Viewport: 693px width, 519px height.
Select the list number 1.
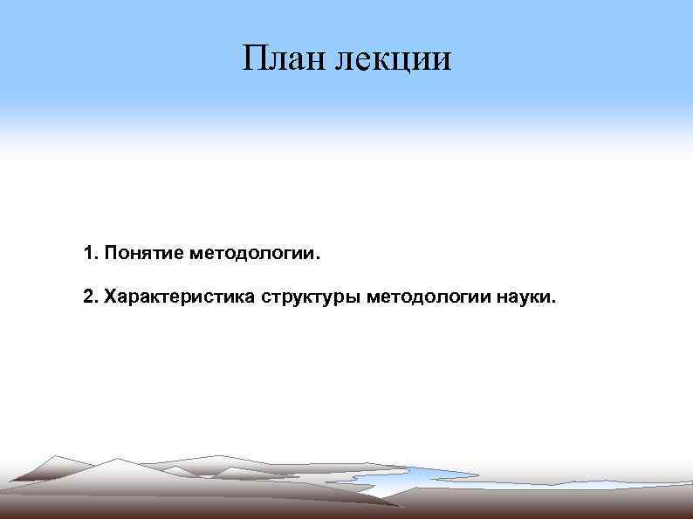(88, 254)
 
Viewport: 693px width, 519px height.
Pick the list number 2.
(88, 297)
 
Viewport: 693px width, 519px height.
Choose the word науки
(523, 297)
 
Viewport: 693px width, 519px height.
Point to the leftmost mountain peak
(58, 458)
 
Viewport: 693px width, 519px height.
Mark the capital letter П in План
(255, 59)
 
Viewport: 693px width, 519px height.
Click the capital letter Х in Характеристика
(110, 297)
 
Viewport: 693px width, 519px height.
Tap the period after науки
(552, 304)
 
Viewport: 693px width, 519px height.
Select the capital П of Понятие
(110, 254)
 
